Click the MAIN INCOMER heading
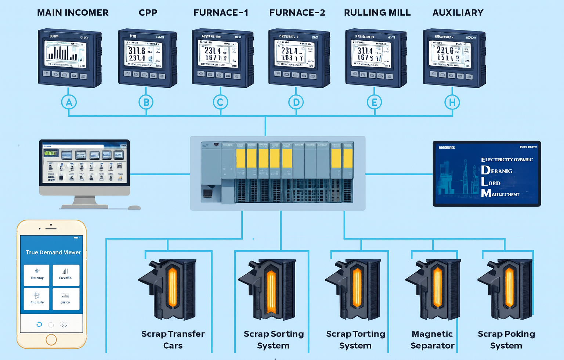(73, 13)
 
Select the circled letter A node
(69, 102)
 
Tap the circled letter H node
(452, 102)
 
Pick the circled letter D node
(296, 102)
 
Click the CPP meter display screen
(144, 54)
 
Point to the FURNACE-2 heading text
(297, 13)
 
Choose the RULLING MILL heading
(377, 13)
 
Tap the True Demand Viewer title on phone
(53, 252)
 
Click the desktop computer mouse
(134, 208)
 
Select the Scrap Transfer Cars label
(173, 339)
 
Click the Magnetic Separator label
(432, 339)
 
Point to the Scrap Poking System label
(506, 339)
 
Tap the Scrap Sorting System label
(274, 339)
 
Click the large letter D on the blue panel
(485, 170)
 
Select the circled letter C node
(220, 102)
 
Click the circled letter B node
(146, 102)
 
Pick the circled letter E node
(374, 102)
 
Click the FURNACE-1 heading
(221, 13)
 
